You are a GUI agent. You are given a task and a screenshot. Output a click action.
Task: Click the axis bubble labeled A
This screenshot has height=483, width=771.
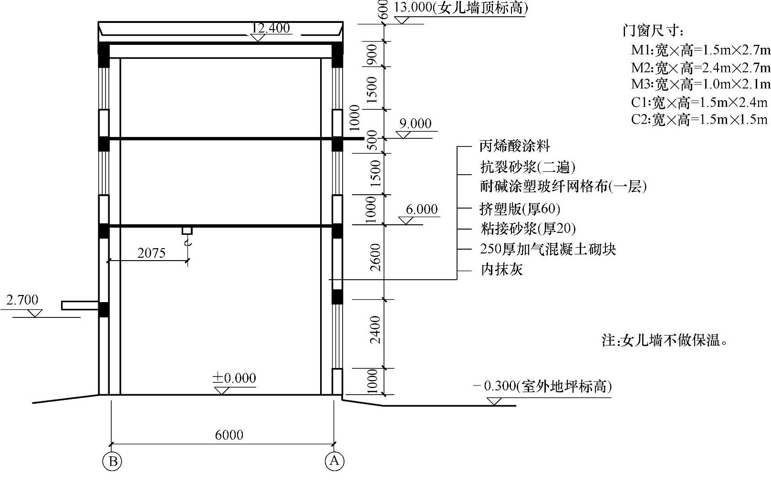tap(334, 461)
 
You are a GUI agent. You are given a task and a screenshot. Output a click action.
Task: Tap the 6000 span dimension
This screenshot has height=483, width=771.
tap(229, 435)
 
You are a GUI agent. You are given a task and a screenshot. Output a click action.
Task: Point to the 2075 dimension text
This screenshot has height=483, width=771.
tap(151, 253)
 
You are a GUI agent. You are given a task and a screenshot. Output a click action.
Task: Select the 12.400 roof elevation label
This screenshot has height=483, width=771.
tap(271, 28)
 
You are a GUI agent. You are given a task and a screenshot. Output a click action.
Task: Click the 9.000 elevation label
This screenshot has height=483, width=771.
tap(416, 124)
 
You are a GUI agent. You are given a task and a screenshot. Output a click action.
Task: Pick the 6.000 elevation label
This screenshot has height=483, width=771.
tap(422, 210)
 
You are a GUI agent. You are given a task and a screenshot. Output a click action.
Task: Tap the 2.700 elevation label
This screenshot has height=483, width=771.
tap(22, 300)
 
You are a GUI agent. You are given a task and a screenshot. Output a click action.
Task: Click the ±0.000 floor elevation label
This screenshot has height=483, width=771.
tap(234, 378)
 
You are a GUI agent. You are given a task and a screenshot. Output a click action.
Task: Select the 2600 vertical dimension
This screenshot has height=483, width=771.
tap(376, 257)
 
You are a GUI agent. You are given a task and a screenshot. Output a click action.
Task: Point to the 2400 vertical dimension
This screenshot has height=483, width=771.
tap(376, 329)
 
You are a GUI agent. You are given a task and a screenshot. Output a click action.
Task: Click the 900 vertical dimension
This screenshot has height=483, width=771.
tap(372, 54)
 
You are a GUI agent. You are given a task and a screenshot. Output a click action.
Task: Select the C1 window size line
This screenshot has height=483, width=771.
tap(699, 102)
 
